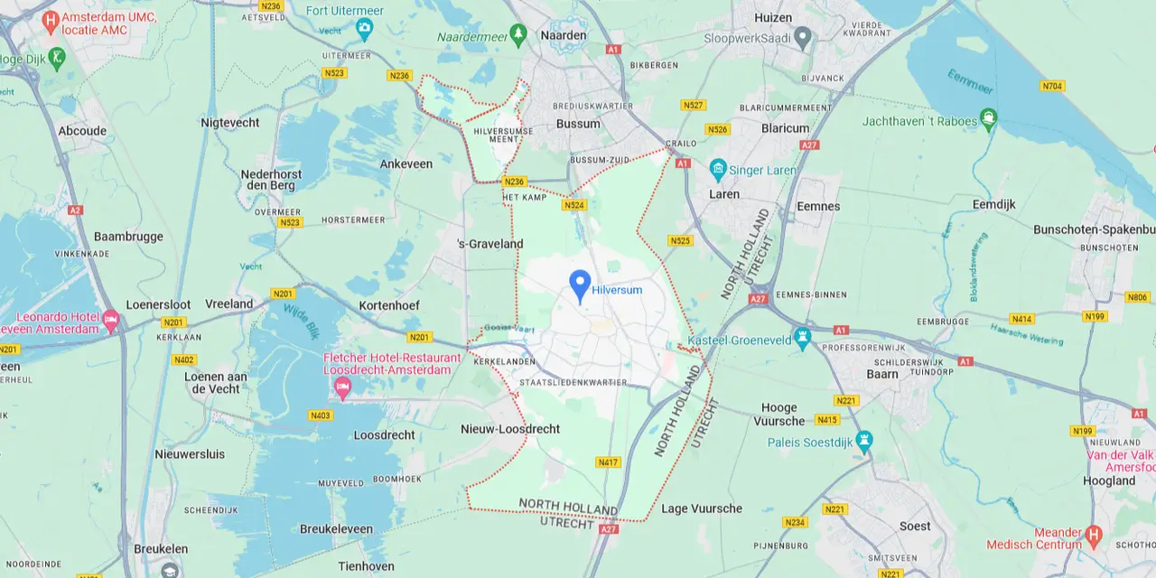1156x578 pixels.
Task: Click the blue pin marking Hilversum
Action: (580, 284)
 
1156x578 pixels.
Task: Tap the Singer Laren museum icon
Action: (718, 169)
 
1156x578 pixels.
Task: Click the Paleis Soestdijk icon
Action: (864, 442)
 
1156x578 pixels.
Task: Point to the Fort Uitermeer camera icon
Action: (364, 28)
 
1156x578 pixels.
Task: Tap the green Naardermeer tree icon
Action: (518, 34)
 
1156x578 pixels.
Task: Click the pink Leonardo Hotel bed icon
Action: (111, 320)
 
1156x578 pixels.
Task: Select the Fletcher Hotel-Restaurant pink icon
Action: (342, 388)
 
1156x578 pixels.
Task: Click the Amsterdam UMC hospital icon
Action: (51, 20)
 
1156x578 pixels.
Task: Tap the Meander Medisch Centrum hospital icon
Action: (1093, 535)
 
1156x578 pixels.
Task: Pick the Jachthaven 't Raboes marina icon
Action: (990, 118)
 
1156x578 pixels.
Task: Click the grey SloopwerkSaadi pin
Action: (802, 38)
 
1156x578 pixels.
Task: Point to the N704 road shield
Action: (1052, 86)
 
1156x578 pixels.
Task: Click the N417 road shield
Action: (609, 462)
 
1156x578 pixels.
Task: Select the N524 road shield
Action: (573, 205)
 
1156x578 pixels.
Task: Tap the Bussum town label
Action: (578, 124)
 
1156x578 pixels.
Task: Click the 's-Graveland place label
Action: (490, 243)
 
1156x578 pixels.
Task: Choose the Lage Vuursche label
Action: (702, 508)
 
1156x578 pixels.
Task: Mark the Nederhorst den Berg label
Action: (268, 179)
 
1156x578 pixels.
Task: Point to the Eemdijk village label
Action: (993, 204)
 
